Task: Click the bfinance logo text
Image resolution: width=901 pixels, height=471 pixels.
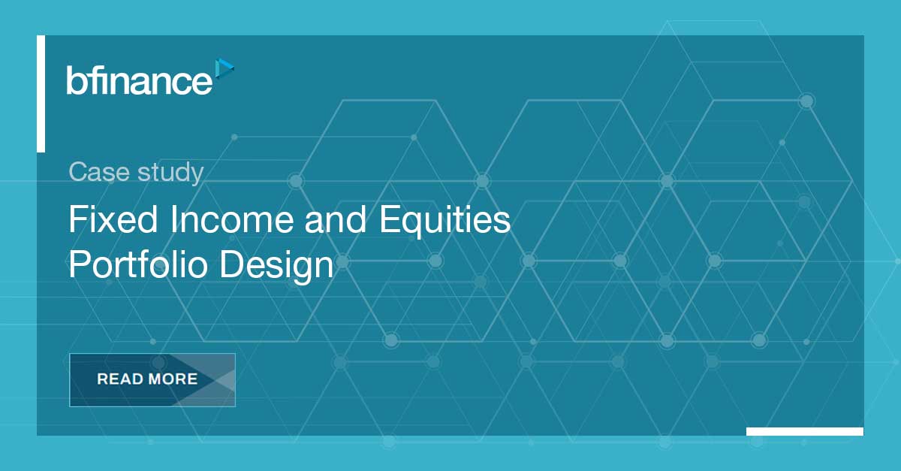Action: (140, 80)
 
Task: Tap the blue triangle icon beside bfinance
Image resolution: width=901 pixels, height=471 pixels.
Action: (224, 69)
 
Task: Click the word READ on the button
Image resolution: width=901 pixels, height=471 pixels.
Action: (120, 379)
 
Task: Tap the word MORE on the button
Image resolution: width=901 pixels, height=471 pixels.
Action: (173, 379)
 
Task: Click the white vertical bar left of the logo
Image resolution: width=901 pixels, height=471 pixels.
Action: (41, 94)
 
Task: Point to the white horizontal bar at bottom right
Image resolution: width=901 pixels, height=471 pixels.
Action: (805, 431)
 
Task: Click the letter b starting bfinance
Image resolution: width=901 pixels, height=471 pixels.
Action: (74, 80)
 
